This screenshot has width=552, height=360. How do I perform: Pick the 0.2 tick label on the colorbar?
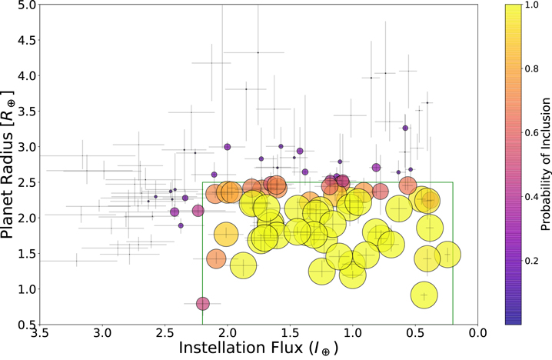pos(529,261)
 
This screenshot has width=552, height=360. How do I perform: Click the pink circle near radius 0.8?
pos(202,304)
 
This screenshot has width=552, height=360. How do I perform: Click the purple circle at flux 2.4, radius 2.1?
pos(175,212)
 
